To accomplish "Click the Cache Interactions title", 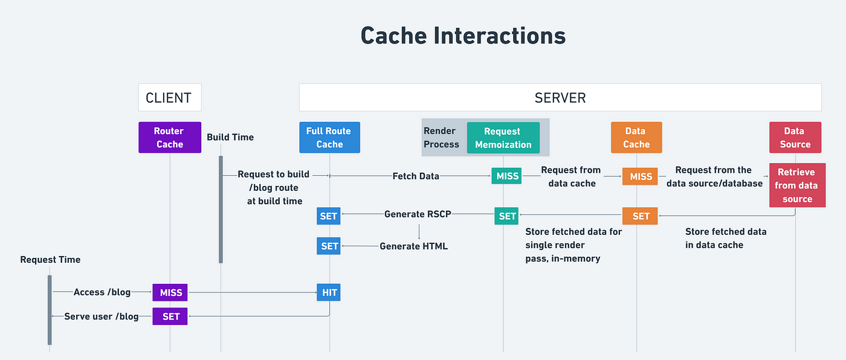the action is point(463,36).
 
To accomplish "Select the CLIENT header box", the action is point(170,97).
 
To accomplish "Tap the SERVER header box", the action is point(560,97).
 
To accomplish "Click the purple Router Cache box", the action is point(170,137).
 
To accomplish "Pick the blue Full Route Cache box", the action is point(330,137).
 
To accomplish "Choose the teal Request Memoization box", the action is point(503,138).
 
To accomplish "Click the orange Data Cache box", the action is point(636,137).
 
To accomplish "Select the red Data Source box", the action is point(795,137).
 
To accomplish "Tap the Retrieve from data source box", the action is point(797,185).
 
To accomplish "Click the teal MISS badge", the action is point(506,176).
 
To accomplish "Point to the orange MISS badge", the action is point(640,176).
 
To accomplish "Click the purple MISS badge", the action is point(170,292).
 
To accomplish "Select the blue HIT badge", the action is point(329,292).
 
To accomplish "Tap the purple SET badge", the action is point(170,317).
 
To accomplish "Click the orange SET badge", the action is point(640,216).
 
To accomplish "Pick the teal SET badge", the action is point(506,216).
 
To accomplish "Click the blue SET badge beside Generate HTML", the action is point(329,246).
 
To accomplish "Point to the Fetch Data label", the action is point(416,176).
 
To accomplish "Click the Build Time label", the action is point(230,137).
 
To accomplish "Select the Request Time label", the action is point(50,260).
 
